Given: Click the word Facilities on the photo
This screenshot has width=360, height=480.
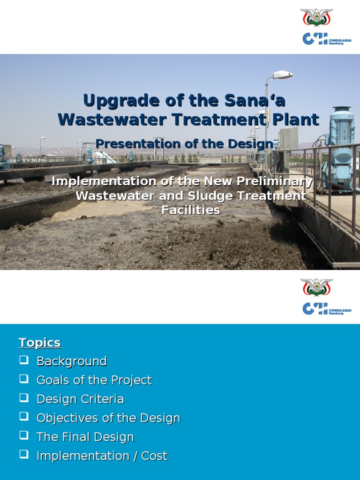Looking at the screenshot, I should (x=190, y=210).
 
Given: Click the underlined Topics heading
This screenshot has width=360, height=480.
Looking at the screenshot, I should (x=39, y=343).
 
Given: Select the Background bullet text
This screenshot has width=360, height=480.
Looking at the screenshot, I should (x=71, y=361).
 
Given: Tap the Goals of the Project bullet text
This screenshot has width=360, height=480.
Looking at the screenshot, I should (x=94, y=380).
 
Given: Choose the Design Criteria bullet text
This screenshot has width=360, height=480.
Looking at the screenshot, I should (x=80, y=399).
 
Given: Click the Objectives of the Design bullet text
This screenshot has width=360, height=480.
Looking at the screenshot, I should (x=108, y=418).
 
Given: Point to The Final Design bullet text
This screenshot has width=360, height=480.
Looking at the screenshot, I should (x=85, y=437).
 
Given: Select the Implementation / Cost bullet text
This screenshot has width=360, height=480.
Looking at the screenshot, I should (x=102, y=456).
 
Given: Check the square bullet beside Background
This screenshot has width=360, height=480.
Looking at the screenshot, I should (x=23, y=360).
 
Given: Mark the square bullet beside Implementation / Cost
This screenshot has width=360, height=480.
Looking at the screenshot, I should (x=23, y=454).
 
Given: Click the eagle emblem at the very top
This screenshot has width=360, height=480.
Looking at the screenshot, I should (x=316, y=18).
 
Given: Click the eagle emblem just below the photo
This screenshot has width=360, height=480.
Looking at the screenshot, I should (x=316, y=287).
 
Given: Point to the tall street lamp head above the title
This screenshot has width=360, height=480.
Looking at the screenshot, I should (x=283, y=75).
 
